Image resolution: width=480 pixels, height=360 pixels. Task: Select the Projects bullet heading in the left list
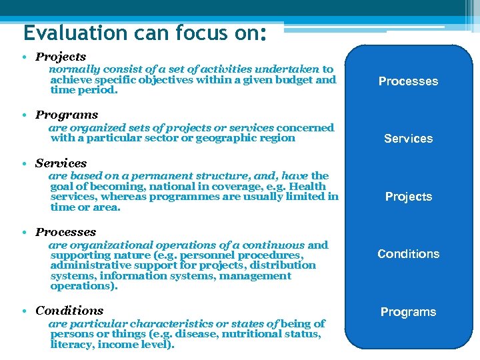tap(61, 57)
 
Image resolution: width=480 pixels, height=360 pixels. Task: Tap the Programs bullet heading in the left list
tap(67, 115)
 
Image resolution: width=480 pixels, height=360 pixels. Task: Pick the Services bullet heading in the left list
tap(61, 163)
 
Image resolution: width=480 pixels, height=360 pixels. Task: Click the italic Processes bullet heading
tap(65, 232)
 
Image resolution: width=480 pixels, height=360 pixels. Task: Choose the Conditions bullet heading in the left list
tap(69, 311)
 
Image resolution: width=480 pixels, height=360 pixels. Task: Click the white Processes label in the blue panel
tap(408, 81)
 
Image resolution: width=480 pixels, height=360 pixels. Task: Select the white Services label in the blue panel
tap(408, 139)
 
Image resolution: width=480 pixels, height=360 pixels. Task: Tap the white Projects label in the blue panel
tap(408, 197)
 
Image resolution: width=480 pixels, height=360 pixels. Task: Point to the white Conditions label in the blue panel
tap(408, 254)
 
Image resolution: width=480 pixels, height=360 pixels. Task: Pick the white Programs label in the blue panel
tap(408, 312)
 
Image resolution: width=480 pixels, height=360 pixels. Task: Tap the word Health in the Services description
tap(307, 187)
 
